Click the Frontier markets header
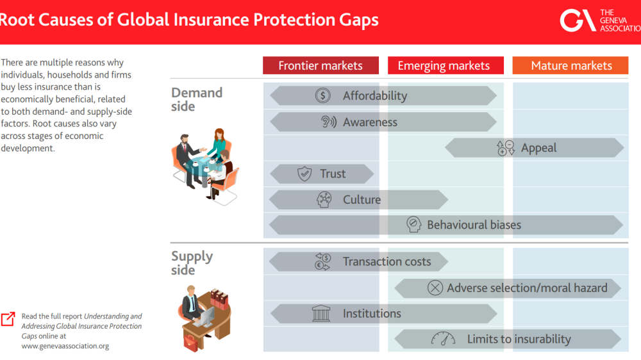tap(320, 65)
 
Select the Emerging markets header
tap(444, 65)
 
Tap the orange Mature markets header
tap(571, 65)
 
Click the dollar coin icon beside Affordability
tap(323, 96)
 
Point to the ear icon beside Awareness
tap(328, 122)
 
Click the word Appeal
tap(538, 148)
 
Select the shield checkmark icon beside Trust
tap(304, 174)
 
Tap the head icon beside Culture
tap(324, 200)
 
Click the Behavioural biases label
tap(474, 225)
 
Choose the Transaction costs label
tap(387, 261)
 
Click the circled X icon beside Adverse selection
tap(435, 288)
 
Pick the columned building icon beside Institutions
tap(320, 314)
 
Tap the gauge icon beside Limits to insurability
tap(443, 340)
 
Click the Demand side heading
tap(196, 99)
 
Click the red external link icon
tap(8, 318)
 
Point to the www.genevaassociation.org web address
tap(65, 346)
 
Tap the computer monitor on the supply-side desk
tap(207, 315)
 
